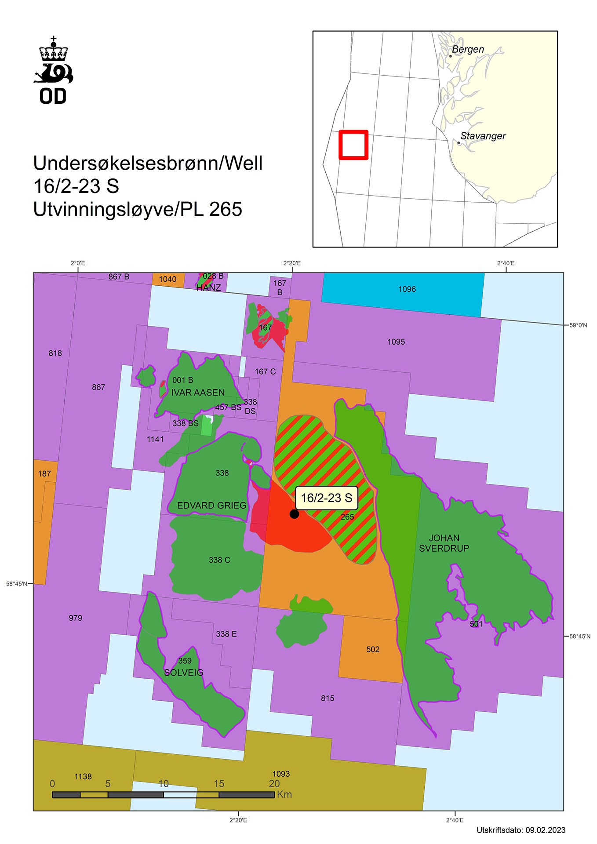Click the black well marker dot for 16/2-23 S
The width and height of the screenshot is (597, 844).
point(294,513)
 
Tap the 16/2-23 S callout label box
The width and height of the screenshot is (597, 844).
point(326,498)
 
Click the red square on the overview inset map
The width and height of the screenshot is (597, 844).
point(353,145)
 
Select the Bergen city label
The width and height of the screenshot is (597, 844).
point(468,50)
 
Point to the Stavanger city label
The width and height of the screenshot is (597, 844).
point(483,136)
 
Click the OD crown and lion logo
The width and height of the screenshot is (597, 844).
point(53,70)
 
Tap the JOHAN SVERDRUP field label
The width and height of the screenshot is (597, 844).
point(444,543)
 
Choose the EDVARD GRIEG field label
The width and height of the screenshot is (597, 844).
point(211,506)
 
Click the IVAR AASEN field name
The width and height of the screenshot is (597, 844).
point(198,393)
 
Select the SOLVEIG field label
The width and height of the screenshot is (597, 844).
point(184,673)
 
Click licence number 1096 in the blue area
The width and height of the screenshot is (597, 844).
point(407,289)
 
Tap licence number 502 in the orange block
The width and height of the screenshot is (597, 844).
point(373,649)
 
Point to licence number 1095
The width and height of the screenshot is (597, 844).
point(396,342)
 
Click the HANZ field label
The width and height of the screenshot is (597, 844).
point(209,288)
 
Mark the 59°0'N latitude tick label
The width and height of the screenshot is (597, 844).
point(578,325)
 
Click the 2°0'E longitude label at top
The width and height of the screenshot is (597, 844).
point(78,263)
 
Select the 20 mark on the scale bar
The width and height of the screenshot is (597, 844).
point(274,784)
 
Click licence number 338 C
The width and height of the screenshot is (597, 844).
point(219,560)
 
